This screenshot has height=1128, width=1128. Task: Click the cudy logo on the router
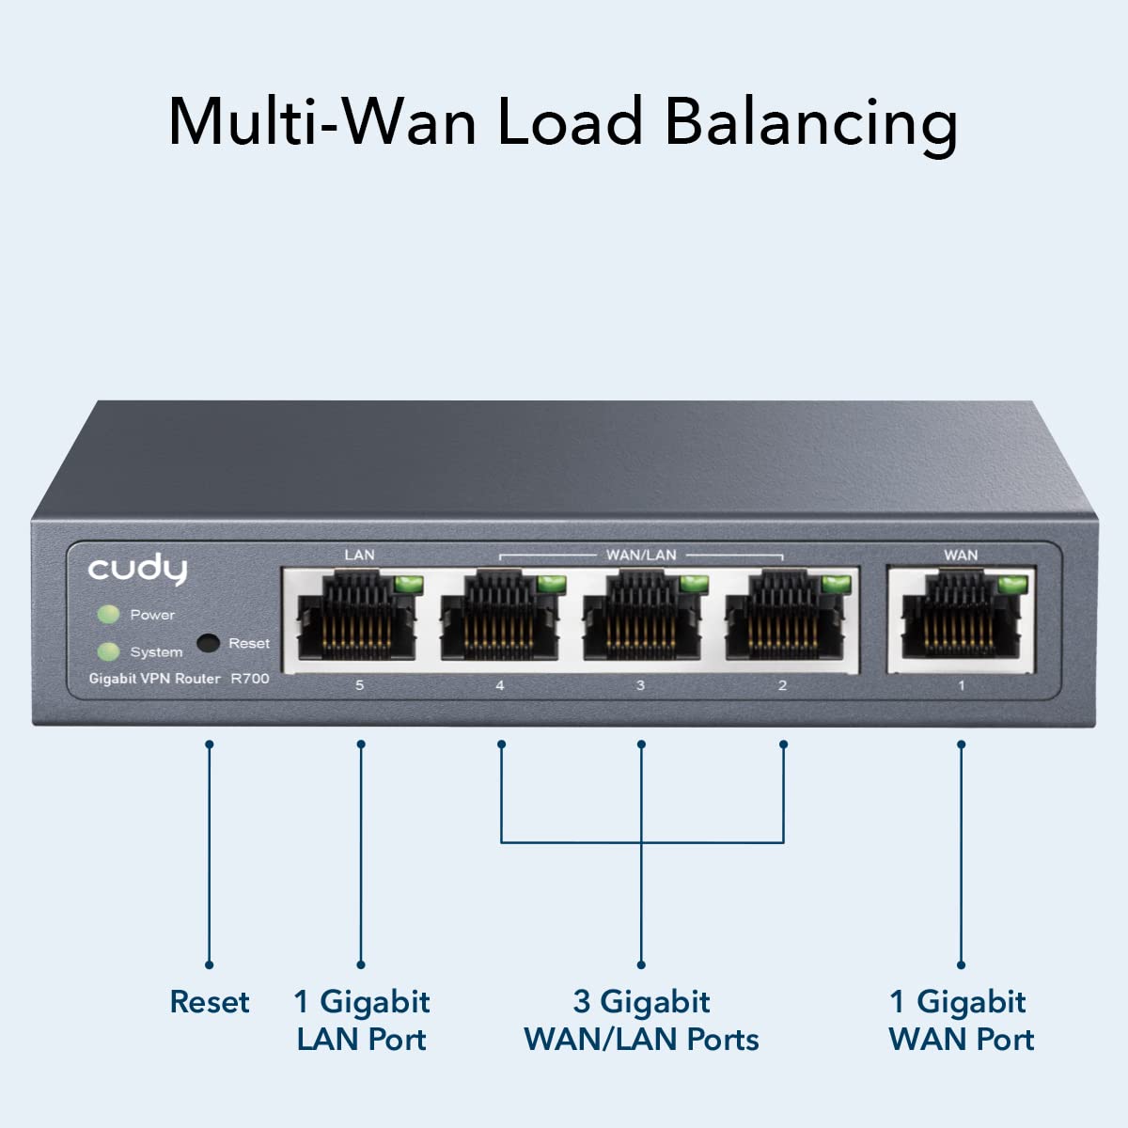coord(137,570)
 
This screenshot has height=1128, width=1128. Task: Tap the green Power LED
coord(109,615)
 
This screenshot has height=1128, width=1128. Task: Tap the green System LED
coord(109,651)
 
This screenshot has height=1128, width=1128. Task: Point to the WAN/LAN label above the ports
coord(641,555)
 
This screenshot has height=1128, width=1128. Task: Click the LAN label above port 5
coord(359,555)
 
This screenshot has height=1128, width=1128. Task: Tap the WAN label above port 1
coord(961,555)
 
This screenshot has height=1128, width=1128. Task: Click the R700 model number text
coord(250,679)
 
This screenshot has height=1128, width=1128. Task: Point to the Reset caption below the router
coord(210,1002)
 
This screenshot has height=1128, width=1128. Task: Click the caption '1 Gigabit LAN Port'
coord(362,1021)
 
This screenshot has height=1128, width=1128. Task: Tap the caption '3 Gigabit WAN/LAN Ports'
coord(641,1021)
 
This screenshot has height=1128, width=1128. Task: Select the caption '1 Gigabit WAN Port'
coord(961,1021)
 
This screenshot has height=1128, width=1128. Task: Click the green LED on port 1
coord(1011,585)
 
